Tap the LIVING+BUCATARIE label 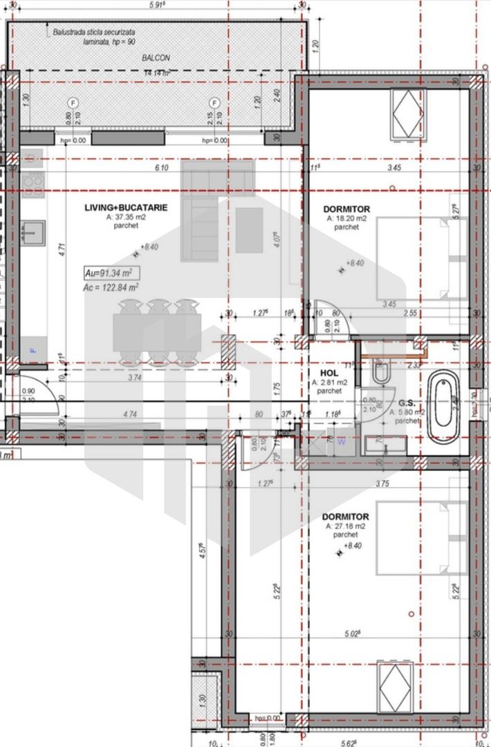pyautogui.click(x=125, y=207)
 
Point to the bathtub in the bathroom pyautogui.click(x=443, y=408)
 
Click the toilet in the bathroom pyautogui.click(x=380, y=374)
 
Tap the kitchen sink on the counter pyautogui.click(x=32, y=233)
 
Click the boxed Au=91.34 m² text pyautogui.click(x=108, y=272)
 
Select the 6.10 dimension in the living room pyautogui.click(x=161, y=168)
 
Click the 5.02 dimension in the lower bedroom pyautogui.click(x=352, y=634)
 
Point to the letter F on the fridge pyautogui.click(x=32, y=350)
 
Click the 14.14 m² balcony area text pyautogui.click(x=157, y=73)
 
